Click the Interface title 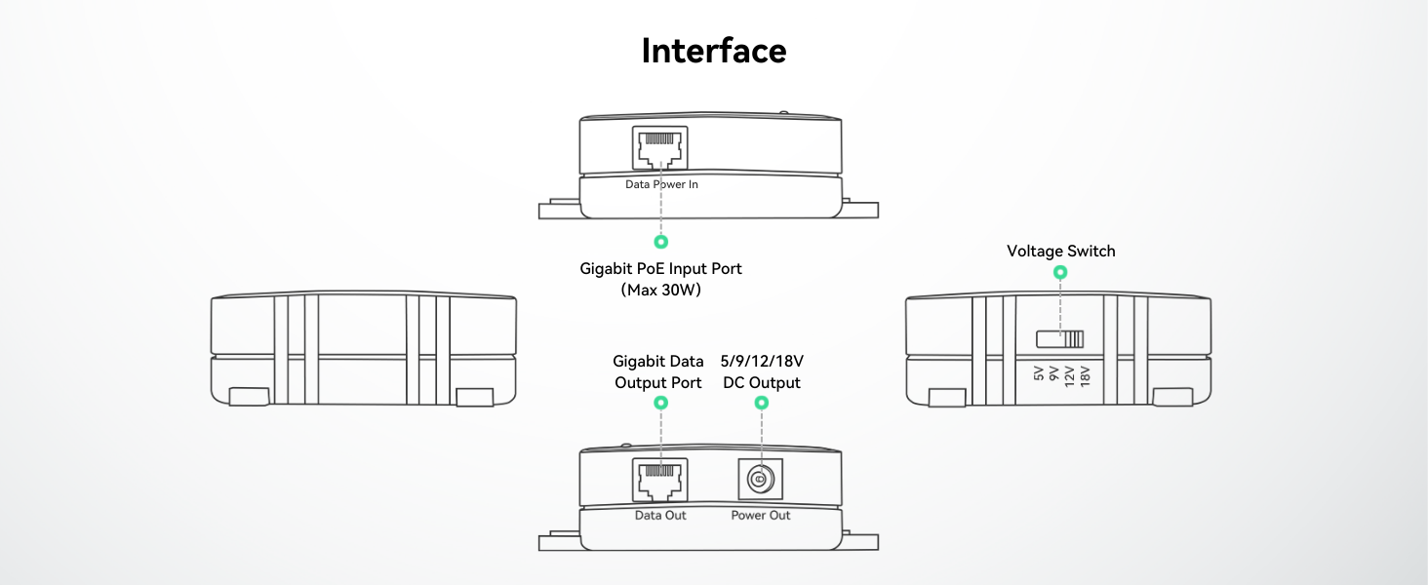tap(713, 51)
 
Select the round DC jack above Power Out tap(760, 480)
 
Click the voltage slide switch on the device tap(1059, 339)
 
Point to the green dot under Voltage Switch tap(1060, 272)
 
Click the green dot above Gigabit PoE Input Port tap(660, 241)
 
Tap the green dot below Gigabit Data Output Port tap(660, 402)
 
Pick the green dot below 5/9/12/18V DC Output tap(762, 402)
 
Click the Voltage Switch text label tap(1060, 252)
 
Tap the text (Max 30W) tap(660, 291)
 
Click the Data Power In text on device tap(661, 184)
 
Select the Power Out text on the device tap(761, 515)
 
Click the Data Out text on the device tap(660, 515)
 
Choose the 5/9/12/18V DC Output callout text tap(761, 372)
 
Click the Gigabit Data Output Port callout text tap(658, 372)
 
